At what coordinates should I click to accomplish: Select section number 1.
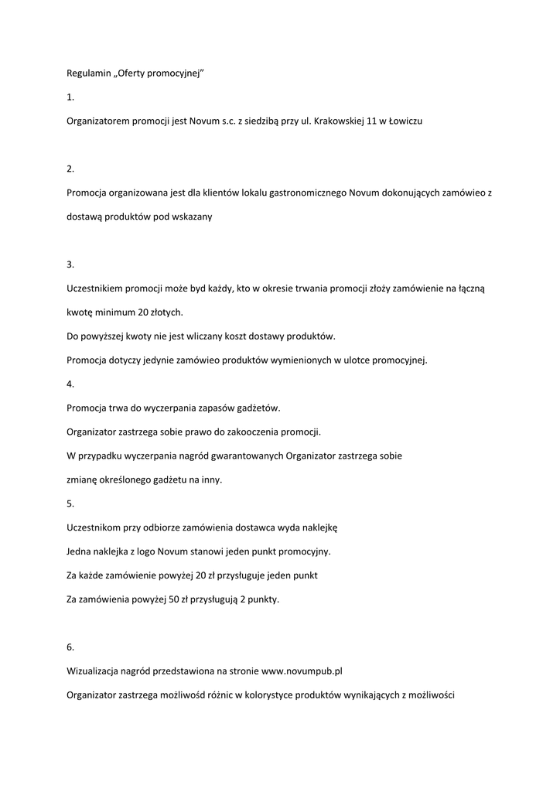click(x=70, y=97)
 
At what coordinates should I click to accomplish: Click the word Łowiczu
click(x=405, y=121)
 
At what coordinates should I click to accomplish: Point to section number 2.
click(x=70, y=169)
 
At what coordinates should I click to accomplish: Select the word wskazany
click(x=192, y=217)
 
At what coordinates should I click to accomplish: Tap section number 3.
click(x=70, y=265)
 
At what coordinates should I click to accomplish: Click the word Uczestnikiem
click(x=97, y=288)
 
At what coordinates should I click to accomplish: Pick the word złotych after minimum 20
click(x=165, y=312)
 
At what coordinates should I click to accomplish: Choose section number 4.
click(x=70, y=384)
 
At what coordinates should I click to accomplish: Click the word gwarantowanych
click(x=244, y=456)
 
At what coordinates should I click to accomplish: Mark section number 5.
click(x=70, y=504)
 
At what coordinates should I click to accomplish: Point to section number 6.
click(x=70, y=647)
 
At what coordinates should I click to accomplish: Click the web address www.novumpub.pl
click(x=302, y=671)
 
